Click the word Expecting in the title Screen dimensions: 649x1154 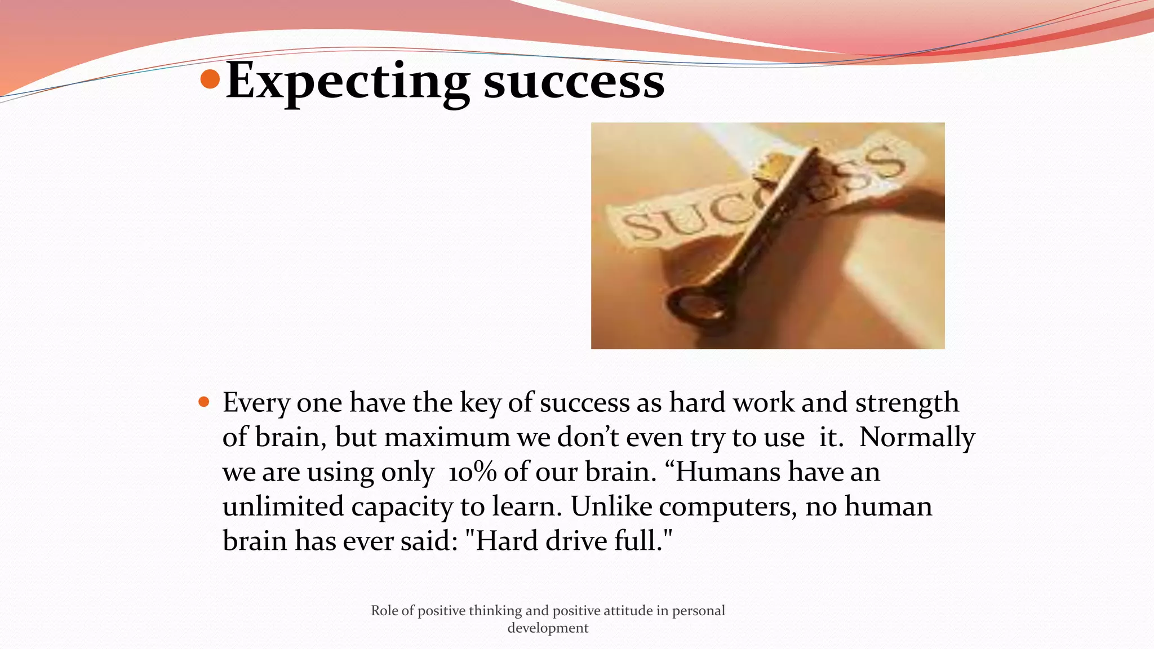347,82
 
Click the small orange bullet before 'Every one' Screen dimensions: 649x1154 204,402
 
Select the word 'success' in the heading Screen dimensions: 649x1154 574,82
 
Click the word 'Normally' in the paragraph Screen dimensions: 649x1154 917,437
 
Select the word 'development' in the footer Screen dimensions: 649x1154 548,628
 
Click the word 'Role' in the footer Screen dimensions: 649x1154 384,611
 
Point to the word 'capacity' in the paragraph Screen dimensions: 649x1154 401,506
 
